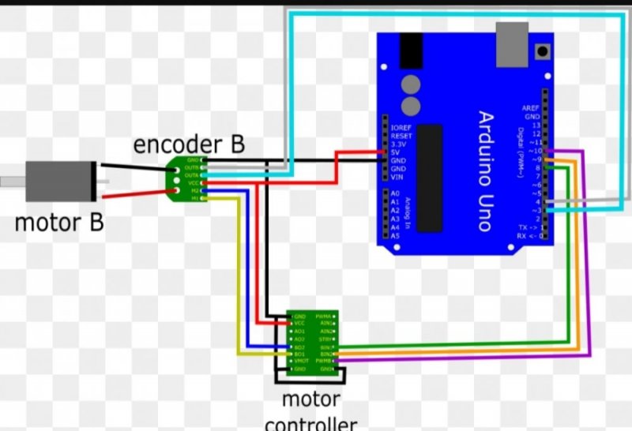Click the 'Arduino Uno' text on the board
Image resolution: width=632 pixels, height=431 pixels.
pos(483,171)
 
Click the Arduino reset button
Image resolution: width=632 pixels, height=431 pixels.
pos(543,52)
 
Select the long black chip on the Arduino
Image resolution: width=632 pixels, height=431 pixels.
pos(428,177)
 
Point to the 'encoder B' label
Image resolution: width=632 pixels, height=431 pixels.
pos(189,145)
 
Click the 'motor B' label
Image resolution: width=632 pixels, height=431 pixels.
pos(59,223)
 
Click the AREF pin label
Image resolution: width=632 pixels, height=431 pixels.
pos(530,108)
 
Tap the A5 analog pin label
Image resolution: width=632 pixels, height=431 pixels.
pos(396,235)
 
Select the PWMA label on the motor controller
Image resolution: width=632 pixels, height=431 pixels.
pos(323,316)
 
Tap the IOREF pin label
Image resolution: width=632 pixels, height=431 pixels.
pos(400,126)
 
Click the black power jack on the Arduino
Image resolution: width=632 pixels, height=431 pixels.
pos(411,50)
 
